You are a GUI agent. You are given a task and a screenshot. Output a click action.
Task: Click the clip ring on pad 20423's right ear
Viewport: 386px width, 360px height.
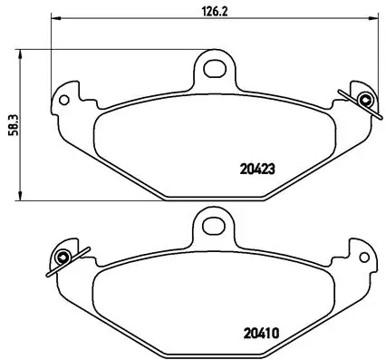point(364,100)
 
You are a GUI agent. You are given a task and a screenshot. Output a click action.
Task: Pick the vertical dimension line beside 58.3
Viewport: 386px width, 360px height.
point(22,163)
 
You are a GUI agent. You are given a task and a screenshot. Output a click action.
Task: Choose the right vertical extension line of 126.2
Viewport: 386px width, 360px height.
point(375,54)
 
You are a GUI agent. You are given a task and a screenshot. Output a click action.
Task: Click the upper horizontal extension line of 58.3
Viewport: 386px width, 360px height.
point(109,49)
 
